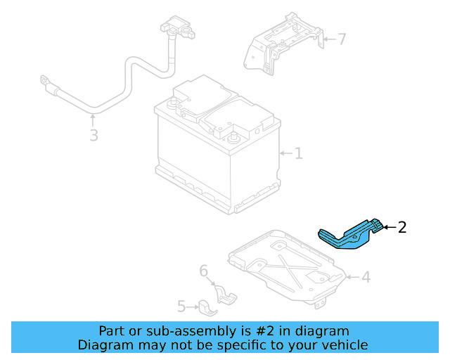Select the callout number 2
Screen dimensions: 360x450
[402, 227]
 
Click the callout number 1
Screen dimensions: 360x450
[298, 153]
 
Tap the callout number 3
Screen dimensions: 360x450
[94, 135]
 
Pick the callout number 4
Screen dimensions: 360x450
[366, 277]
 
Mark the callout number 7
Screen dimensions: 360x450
[342, 39]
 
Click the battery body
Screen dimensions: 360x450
[211, 155]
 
